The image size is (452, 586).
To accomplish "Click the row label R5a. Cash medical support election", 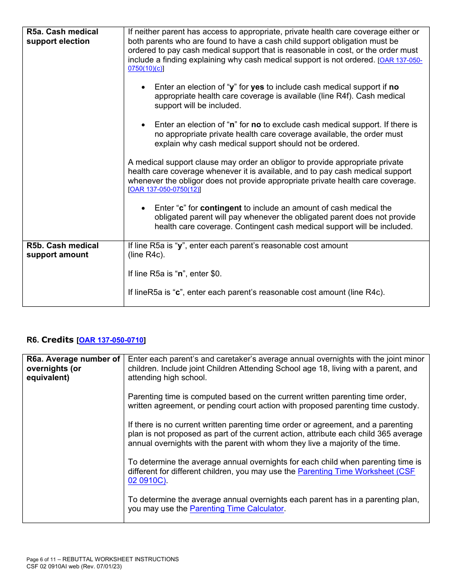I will tap(62, 37).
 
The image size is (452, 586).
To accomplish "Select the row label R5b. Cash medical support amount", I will tap(62, 250).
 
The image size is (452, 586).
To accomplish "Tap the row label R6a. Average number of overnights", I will tap(73, 368).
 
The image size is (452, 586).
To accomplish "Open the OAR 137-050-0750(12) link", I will tap(165, 190).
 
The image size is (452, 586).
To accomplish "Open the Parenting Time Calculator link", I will tap(236, 509).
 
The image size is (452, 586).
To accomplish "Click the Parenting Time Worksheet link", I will tap(356, 471).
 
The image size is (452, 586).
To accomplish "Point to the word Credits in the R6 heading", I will tap(57, 340).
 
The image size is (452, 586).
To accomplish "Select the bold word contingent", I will tap(221, 208).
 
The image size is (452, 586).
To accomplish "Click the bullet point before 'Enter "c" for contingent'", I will tap(144, 208).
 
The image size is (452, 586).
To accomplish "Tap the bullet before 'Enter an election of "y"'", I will tap(144, 87).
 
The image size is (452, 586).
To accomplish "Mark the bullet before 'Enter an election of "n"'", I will tap(144, 125).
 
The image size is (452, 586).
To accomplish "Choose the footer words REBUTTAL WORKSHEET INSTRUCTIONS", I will tap(121, 559).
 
